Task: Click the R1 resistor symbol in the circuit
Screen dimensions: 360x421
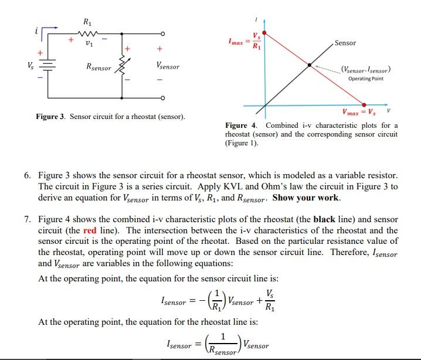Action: pyautogui.click(x=89, y=34)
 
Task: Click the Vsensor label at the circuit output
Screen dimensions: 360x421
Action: pyautogui.click(x=168, y=67)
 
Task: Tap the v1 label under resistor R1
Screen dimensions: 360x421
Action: pyautogui.click(x=89, y=43)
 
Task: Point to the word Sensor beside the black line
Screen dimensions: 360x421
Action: pyautogui.click(x=345, y=43)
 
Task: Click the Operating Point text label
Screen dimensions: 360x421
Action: pyautogui.click(x=365, y=79)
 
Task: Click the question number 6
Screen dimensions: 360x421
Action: pyautogui.click(x=28, y=175)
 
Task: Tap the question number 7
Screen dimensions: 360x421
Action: pyautogui.click(x=28, y=219)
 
